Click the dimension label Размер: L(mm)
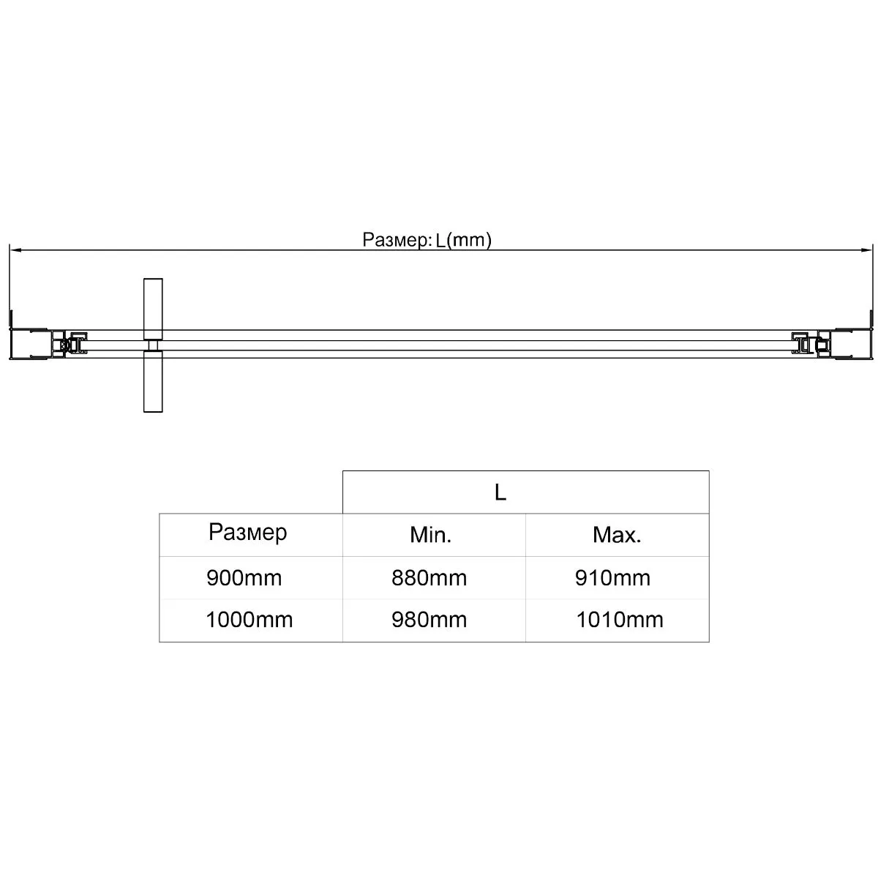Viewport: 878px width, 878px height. [427, 240]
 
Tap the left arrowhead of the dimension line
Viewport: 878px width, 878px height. [15, 249]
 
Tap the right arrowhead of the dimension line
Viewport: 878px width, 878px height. [866, 249]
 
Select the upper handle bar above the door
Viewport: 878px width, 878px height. [153, 309]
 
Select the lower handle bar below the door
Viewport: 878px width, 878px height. [153, 381]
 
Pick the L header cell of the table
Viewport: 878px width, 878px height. [500, 492]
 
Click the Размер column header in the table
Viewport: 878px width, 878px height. [248, 532]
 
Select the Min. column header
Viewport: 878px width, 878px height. [430, 535]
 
